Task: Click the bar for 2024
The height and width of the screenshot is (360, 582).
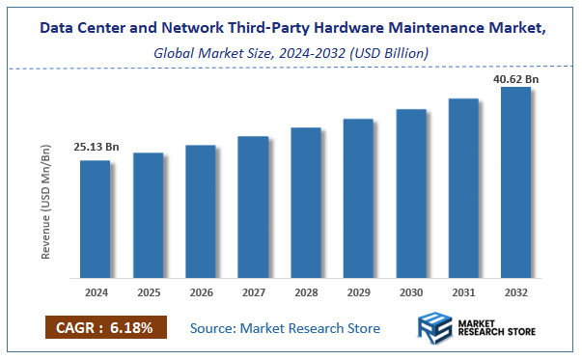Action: [x=95, y=217]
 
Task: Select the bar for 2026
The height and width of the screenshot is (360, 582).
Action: [x=200, y=209]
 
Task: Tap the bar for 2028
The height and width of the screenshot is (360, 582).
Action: [x=305, y=201]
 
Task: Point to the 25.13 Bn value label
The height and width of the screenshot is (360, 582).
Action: [x=96, y=148]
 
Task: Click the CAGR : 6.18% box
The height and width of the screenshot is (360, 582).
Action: [x=105, y=327]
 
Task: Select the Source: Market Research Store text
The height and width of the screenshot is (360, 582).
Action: [x=285, y=328]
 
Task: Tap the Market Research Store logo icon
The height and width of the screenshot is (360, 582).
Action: [x=436, y=328]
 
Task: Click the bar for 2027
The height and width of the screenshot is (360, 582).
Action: [x=253, y=205]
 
